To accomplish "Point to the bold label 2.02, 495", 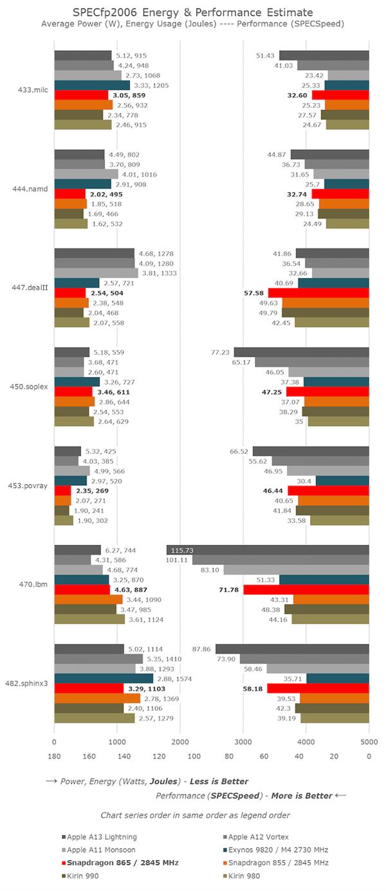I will [x=107, y=194].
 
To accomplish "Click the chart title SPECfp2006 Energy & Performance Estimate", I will [x=192, y=12].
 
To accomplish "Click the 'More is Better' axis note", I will [x=301, y=795].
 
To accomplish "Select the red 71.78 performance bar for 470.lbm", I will [x=306, y=590].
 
